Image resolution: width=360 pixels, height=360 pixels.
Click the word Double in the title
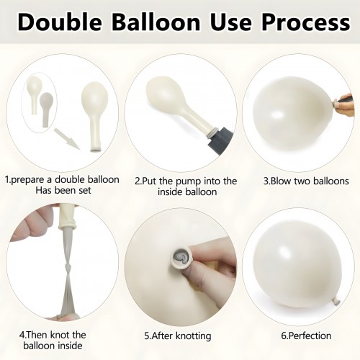pos(60,22)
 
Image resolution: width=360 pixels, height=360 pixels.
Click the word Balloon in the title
pos(156,22)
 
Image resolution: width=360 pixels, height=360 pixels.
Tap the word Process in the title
pos(306,22)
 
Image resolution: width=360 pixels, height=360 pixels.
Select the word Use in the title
pos(231,22)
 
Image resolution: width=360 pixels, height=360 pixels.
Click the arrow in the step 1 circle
pos(66,138)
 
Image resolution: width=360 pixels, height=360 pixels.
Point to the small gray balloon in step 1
pos(46,109)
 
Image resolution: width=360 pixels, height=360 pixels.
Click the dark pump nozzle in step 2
pos(220,141)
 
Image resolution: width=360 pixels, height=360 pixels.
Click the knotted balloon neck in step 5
pos(181,258)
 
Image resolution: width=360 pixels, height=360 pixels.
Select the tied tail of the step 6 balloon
pos(336,300)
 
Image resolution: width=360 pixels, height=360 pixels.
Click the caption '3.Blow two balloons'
pos(306,181)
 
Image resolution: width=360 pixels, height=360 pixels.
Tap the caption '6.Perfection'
pos(306,336)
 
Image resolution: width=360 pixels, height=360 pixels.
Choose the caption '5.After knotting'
pos(178,336)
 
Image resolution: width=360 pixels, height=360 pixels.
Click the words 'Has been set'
pos(63,191)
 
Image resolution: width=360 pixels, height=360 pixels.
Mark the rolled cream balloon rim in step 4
pos(68,225)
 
